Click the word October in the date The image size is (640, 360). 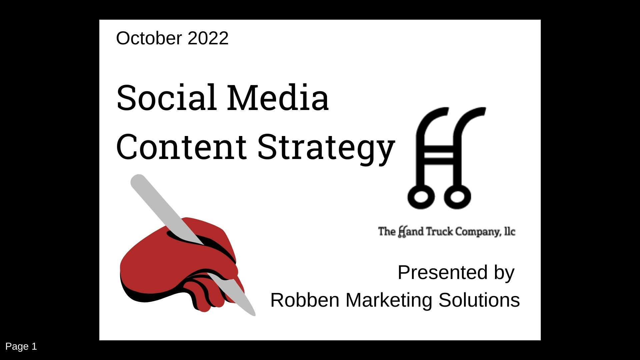click(149, 38)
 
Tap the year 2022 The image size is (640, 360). click(208, 38)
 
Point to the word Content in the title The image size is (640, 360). click(181, 147)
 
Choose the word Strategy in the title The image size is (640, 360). click(326, 149)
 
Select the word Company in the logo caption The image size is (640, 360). click(478, 232)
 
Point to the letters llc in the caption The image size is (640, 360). click(510, 231)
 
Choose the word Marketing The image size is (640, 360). click(389, 301)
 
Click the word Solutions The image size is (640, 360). click(479, 300)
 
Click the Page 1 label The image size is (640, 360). click(21, 347)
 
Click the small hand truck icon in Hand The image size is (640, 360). click(402, 232)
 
